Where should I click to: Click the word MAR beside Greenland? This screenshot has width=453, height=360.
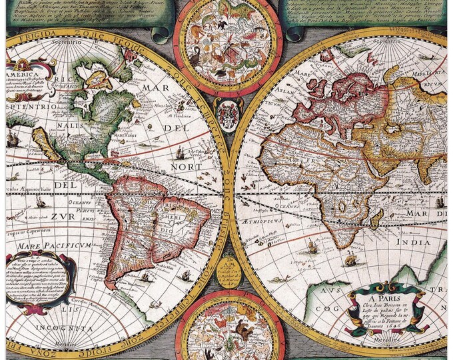pyautogui.click(x=157, y=89)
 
